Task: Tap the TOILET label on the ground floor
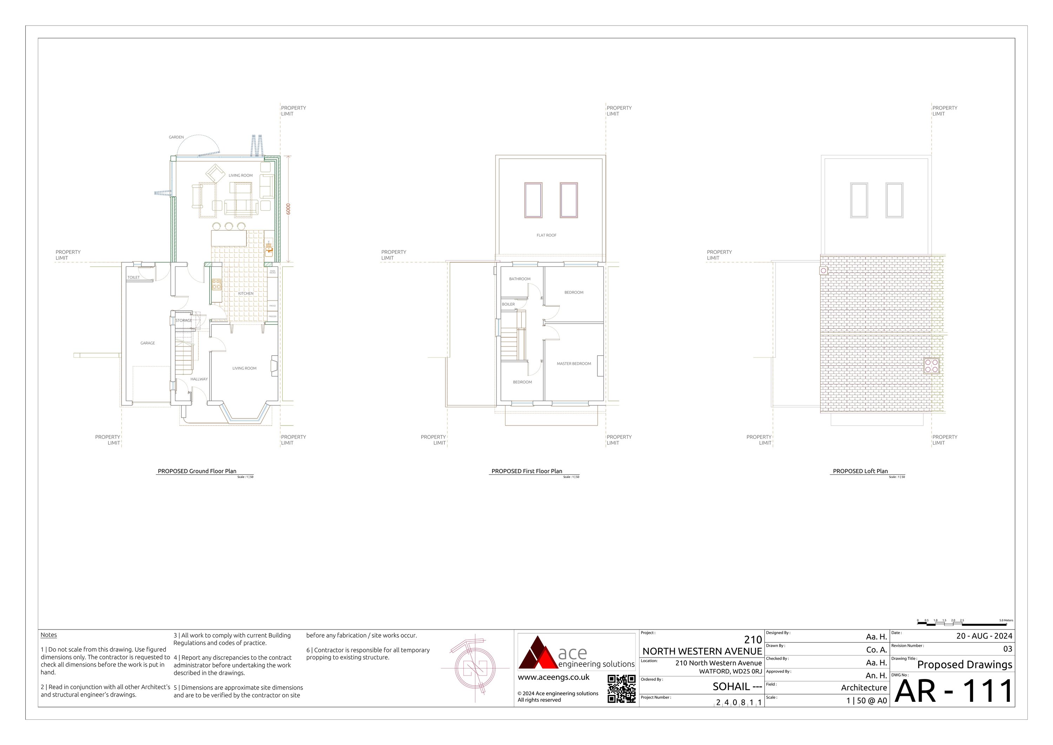coord(133,278)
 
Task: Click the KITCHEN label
coord(245,294)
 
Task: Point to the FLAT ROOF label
coord(546,235)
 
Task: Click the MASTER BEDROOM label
coord(574,364)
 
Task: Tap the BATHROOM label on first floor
coord(519,279)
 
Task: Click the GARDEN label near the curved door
coord(176,137)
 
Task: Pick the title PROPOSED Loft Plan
coord(860,471)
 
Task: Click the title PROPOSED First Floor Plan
coord(526,471)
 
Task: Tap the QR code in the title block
coord(621,688)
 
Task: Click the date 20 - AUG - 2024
coord(984,636)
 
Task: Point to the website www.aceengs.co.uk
coord(553,677)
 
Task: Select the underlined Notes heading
coord(49,635)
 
